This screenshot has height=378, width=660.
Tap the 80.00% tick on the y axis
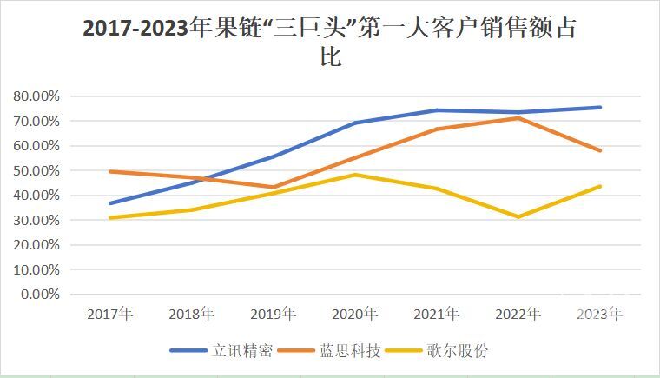pos(36,96)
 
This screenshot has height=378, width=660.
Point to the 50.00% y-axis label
pos(36,170)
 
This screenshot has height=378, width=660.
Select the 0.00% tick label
pos(39,295)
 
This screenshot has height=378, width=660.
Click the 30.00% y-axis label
pos(36,221)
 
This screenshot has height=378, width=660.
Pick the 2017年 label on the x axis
pos(109,314)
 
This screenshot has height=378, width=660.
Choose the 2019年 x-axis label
pos(273,314)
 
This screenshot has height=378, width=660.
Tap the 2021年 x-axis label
pos(436,314)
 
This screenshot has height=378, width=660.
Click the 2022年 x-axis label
pos(518,314)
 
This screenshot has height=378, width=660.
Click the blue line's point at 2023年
pos(600,108)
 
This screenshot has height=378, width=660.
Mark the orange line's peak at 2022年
pos(518,117)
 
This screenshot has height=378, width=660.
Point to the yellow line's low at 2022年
pos(518,217)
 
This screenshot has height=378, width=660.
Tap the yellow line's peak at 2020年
pos(355,175)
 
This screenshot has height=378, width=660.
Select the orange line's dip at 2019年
pos(274,187)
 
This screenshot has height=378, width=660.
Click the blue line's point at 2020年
pos(355,123)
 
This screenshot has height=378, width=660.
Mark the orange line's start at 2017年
pos(110,171)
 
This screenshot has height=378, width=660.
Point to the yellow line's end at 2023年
pos(600,186)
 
